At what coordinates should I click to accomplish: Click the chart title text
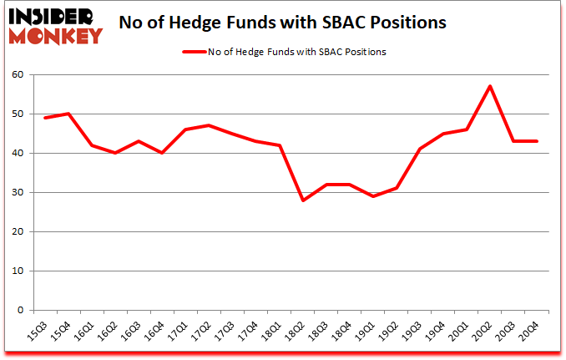pos(283,23)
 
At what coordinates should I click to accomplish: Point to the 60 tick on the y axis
pos(18,75)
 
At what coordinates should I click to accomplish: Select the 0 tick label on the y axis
pos(21,311)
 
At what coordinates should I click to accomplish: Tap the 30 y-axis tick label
pos(18,193)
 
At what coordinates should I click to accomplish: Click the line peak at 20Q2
pos(489,86)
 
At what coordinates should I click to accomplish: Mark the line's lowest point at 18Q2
pos(302,200)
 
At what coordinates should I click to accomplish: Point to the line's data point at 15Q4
pos(68,114)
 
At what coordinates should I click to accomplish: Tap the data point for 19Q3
pos(419,150)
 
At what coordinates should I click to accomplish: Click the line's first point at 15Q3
pos(44,118)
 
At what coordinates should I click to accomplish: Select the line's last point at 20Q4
pos(537,141)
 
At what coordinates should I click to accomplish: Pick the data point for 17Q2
pos(208,125)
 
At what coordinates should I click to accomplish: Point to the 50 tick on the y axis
pos(18,114)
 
